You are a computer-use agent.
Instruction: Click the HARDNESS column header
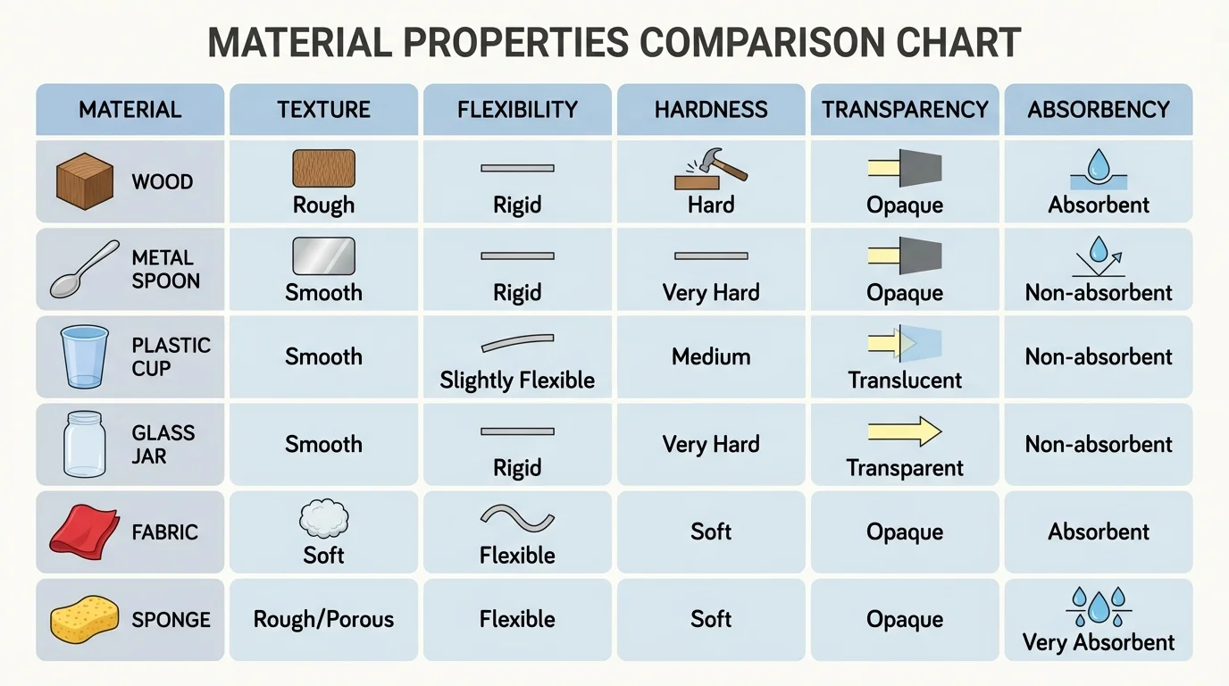click(x=711, y=110)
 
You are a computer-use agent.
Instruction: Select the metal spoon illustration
click(x=84, y=268)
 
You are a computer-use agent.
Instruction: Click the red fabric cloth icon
click(x=83, y=531)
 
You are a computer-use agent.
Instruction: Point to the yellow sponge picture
click(x=84, y=618)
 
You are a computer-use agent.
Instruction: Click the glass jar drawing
click(x=84, y=443)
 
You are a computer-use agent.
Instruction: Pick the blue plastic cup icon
click(x=84, y=356)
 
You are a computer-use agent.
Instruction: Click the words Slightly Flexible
click(x=517, y=381)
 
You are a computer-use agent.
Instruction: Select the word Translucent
click(x=905, y=381)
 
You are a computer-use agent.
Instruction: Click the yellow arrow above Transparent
click(x=905, y=431)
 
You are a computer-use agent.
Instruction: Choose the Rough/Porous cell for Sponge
click(x=323, y=619)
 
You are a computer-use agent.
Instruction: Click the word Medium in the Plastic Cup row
click(x=711, y=356)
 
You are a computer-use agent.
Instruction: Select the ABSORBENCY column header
click(x=1099, y=110)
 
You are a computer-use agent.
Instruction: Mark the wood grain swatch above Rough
click(x=323, y=168)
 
